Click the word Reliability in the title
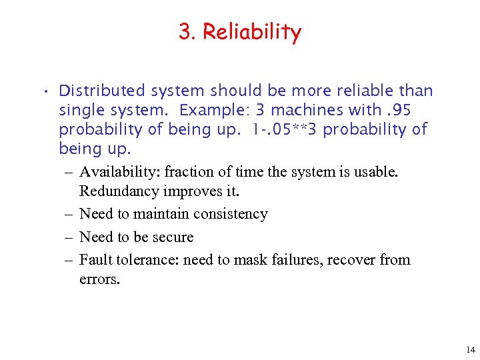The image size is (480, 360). [x=251, y=31]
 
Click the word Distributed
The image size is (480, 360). [x=102, y=91]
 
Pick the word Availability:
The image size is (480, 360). [x=120, y=172]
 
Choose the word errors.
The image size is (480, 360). [x=99, y=279]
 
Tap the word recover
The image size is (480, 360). [x=352, y=260]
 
